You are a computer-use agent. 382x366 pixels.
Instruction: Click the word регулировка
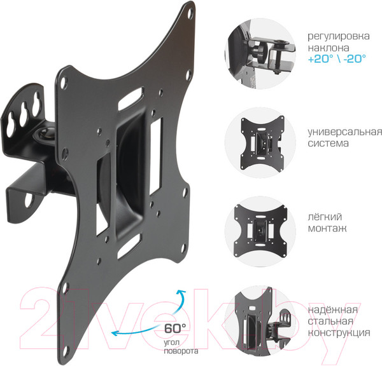339,36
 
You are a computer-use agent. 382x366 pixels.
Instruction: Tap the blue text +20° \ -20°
337,59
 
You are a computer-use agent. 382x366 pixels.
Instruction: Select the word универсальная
344,132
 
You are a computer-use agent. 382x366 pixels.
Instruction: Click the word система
328,143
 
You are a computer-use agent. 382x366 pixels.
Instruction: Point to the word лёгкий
325,217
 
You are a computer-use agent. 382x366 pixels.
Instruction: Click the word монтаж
327,228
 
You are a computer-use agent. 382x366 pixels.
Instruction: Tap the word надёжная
333,310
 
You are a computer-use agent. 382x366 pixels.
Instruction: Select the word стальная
330,321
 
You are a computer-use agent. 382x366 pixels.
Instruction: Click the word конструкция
339,333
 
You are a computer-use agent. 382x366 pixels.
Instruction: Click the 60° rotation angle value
175,328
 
